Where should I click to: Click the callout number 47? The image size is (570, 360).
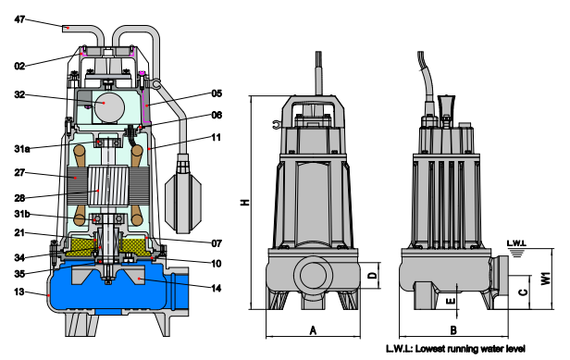pyautogui.click(x=19, y=19)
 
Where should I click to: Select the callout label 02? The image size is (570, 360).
pyautogui.click(x=19, y=67)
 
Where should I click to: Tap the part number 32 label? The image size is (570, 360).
pyautogui.click(x=19, y=95)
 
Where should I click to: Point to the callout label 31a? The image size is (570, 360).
pyautogui.click(x=22, y=149)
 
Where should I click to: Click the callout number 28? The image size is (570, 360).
pyautogui.click(x=19, y=198)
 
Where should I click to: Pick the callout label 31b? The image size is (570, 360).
pyautogui.click(x=22, y=214)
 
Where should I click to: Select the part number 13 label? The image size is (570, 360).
pyautogui.click(x=19, y=292)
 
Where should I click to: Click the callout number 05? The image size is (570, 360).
pyautogui.click(x=217, y=93)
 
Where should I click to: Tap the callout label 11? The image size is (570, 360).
pyautogui.click(x=217, y=138)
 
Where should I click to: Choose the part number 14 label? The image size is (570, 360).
pyautogui.click(x=217, y=289)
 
